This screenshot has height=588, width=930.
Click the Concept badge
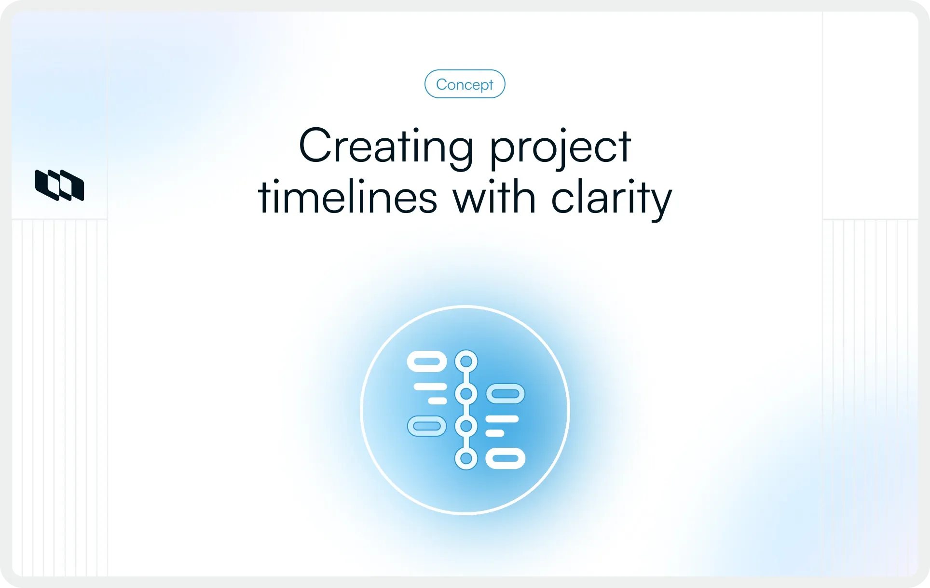tap(465, 84)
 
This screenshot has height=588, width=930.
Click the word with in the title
tap(494, 197)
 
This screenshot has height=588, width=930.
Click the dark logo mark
tap(60, 185)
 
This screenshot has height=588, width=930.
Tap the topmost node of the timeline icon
tap(466, 361)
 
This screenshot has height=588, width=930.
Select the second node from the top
tap(466, 394)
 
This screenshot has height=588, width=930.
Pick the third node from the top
tap(466, 426)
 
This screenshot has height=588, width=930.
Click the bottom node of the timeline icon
tap(466, 458)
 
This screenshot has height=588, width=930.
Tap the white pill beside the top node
tap(427, 361)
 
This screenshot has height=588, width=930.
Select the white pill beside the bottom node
tap(505, 458)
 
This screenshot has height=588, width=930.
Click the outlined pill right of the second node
tap(505, 394)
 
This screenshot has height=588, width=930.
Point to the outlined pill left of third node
tap(427, 426)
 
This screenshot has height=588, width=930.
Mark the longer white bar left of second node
tap(430, 387)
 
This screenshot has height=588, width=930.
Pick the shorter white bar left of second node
tap(438, 401)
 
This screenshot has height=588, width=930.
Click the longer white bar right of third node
tap(502, 419)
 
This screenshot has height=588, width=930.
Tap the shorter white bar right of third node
tap(494, 433)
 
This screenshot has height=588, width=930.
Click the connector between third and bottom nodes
tap(466, 442)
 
